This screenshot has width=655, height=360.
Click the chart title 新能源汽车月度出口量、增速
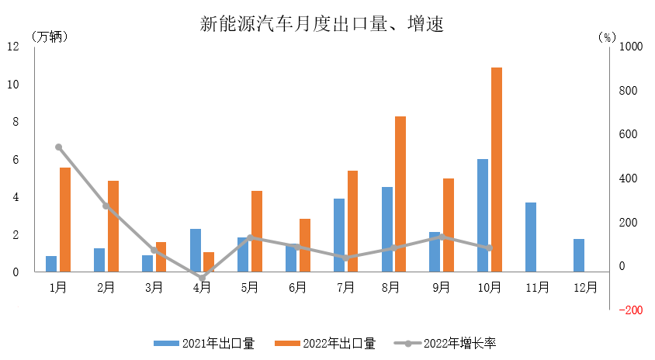coord(321,23)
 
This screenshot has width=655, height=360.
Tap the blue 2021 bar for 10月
coord(483,215)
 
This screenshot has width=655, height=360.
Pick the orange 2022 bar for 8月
coord(400,194)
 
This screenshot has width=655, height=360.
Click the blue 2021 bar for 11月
coord(531,237)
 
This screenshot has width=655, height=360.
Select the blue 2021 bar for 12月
coord(579,255)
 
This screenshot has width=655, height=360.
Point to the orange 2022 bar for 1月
coord(65,220)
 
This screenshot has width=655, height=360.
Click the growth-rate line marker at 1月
coord(58,147)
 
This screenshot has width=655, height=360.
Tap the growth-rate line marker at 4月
coord(202,278)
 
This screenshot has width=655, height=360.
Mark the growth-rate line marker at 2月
coord(106,206)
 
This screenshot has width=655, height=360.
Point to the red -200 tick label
coord(629,310)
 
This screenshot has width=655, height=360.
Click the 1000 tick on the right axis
coord(631,47)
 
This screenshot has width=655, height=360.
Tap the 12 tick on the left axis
coord(14,47)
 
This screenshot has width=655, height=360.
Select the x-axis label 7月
coord(345,287)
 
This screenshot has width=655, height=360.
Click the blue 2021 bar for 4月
coord(196,250)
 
